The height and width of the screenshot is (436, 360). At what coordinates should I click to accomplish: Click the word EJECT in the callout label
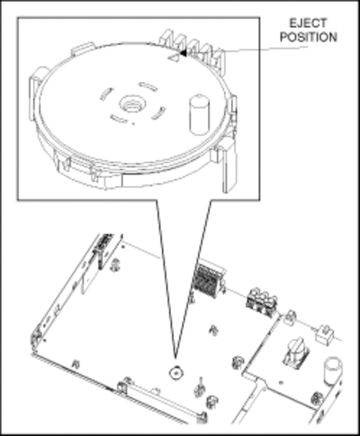[x=308, y=23]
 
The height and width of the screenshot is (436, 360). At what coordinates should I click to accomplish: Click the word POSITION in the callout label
[x=309, y=37]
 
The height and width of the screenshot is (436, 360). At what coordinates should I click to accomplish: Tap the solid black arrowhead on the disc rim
[x=183, y=53]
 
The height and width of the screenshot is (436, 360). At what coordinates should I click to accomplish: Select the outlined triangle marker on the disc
[x=174, y=57]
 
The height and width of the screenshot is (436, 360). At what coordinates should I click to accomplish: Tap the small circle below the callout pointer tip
[x=176, y=373]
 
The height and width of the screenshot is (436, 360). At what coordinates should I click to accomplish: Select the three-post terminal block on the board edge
[x=262, y=302]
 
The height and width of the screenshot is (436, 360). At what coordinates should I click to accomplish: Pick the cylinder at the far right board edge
[x=333, y=370]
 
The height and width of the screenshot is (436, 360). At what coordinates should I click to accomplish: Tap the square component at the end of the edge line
[x=324, y=334]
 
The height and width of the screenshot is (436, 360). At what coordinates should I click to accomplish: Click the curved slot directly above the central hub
[x=148, y=86]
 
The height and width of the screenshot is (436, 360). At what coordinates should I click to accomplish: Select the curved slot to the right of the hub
[x=158, y=113]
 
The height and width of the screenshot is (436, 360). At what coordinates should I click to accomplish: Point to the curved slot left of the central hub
[x=106, y=93]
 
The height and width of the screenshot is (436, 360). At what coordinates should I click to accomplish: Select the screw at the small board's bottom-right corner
[x=316, y=399]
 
